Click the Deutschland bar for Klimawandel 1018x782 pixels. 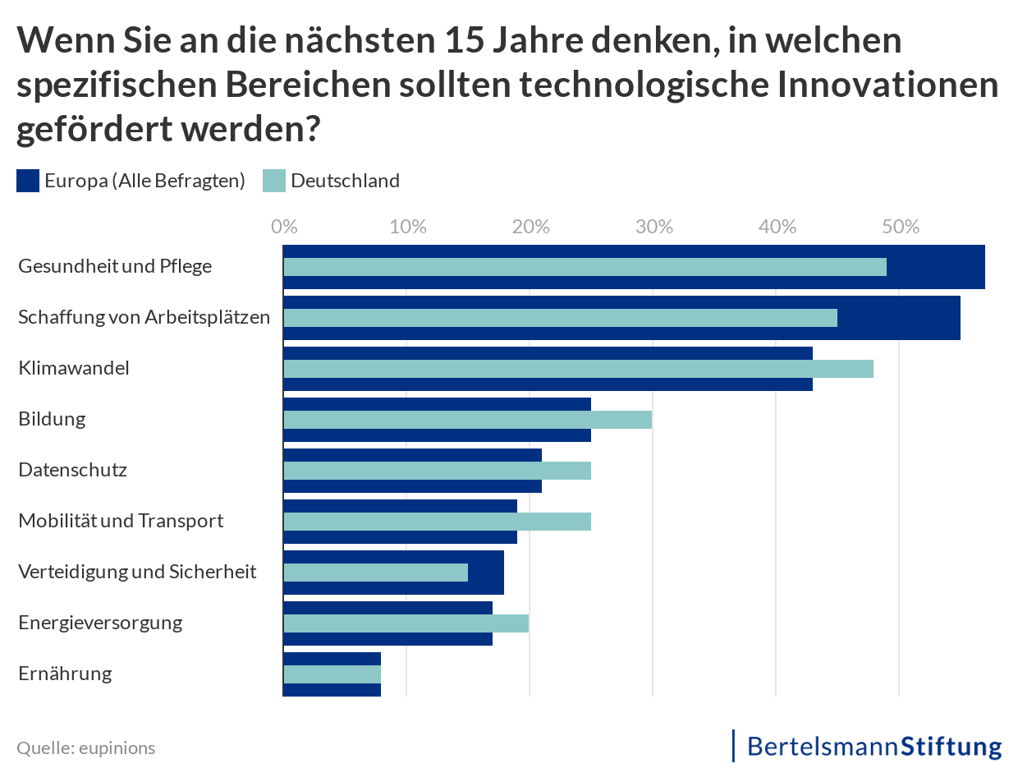point(578,369)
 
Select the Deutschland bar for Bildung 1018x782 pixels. point(467,420)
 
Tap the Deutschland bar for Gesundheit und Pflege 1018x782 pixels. point(585,267)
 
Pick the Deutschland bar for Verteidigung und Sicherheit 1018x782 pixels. point(375,573)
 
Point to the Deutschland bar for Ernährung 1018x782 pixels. point(332,674)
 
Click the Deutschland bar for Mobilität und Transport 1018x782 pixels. point(437,522)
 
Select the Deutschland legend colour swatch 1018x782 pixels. point(273,181)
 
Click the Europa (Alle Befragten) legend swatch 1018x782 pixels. point(28,181)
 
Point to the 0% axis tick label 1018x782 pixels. point(284,227)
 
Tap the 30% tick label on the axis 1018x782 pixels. point(653,227)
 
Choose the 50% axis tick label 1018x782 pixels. point(900,227)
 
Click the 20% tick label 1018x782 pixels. point(530,227)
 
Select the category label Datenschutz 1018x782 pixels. point(72,471)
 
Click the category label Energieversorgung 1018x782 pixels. point(100,623)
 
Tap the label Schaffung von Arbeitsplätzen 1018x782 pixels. point(144,317)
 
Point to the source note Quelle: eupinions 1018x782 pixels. point(85,748)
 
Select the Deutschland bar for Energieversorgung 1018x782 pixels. point(406,623)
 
